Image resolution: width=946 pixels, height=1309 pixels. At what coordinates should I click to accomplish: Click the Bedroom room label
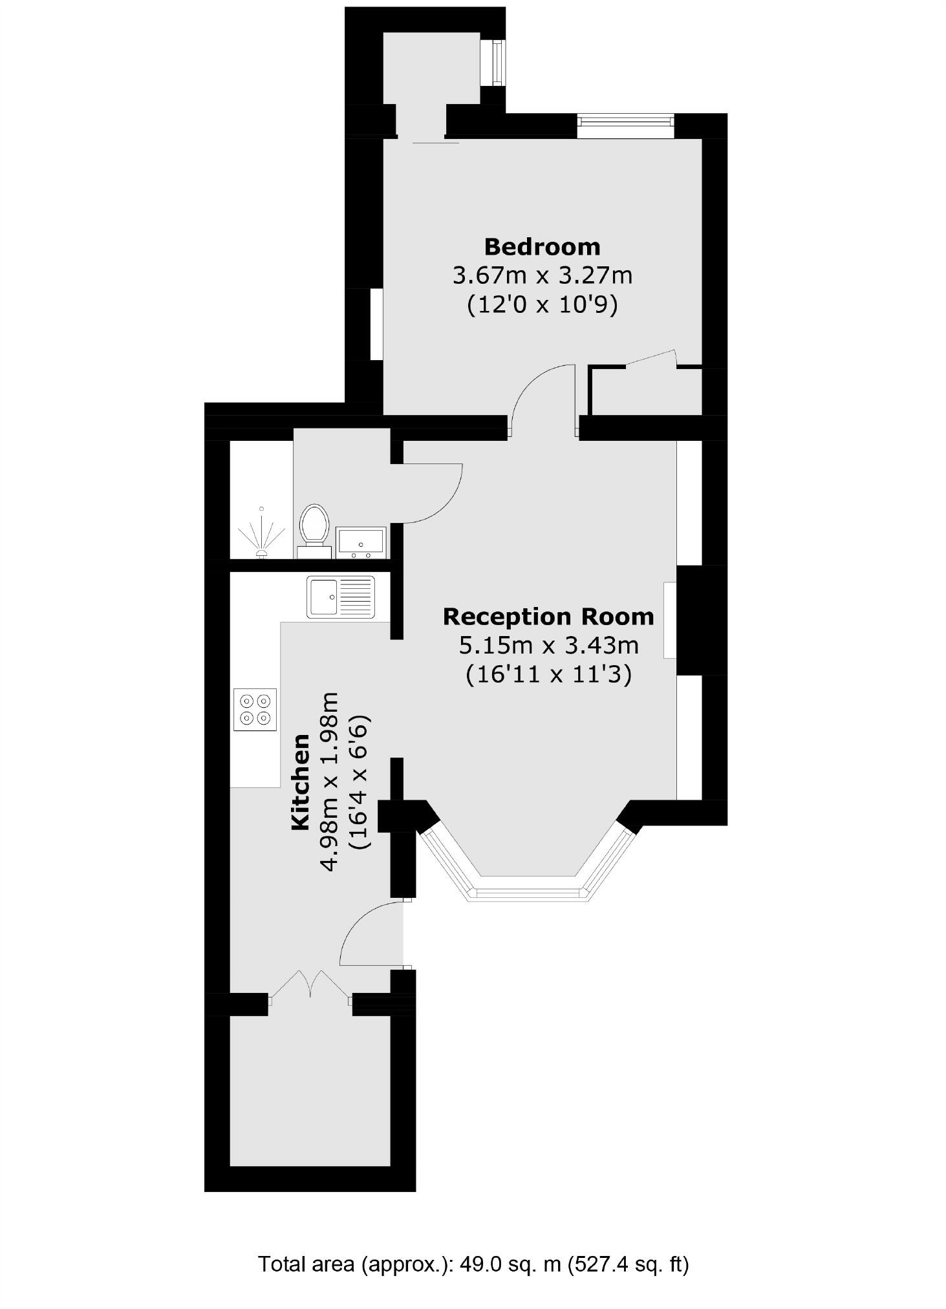(542, 246)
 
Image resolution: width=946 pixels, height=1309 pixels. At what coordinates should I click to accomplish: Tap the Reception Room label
(548, 616)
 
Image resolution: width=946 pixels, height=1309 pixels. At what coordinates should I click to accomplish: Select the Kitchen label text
(301, 782)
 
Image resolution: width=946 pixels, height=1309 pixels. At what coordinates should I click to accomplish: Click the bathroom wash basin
(360, 542)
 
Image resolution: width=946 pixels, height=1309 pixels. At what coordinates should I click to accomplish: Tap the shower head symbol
(261, 534)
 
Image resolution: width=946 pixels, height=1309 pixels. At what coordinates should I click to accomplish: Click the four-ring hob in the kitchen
(255, 709)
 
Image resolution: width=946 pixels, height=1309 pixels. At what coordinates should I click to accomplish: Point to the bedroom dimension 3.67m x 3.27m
(542, 276)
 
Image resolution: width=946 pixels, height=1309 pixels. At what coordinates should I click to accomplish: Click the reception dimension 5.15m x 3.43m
(548, 645)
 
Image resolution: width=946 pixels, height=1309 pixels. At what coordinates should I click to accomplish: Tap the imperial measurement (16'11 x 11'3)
(548, 675)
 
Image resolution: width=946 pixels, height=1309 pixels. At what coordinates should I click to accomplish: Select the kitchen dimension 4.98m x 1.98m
(330, 782)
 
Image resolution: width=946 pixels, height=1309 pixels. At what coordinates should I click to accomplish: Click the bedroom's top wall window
(625, 125)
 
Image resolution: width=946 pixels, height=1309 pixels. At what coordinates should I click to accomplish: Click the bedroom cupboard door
(652, 358)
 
